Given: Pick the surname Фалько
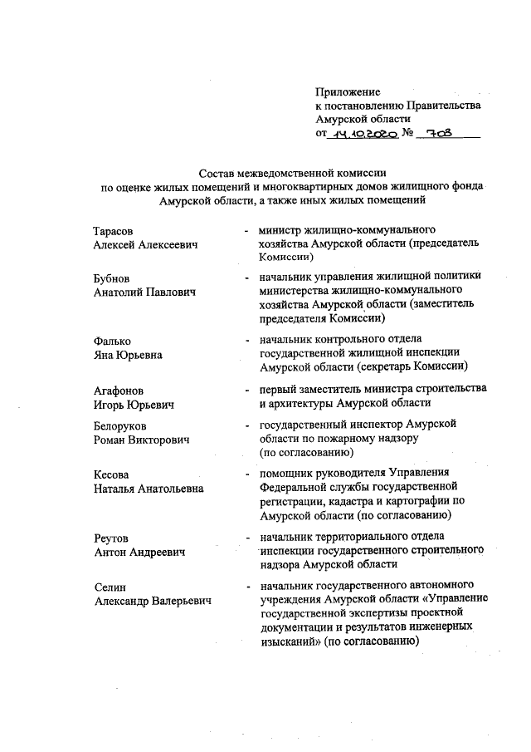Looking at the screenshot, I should (113, 340).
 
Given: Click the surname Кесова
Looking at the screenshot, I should (111, 474).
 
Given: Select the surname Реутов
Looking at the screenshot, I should (111, 537).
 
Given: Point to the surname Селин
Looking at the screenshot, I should (110, 587).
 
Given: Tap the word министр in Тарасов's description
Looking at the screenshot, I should (286, 229).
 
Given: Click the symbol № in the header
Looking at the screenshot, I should (407, 133).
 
